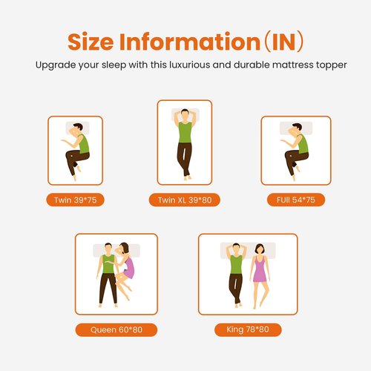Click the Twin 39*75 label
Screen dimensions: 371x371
point(75,200)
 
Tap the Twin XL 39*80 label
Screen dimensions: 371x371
point(185,200)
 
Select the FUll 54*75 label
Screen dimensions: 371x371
point(296,200)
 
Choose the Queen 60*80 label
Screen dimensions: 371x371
point(116,329)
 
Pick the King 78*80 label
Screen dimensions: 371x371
point(248,329)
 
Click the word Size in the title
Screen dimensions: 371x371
point(91,42)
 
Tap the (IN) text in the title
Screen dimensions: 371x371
point(284,42)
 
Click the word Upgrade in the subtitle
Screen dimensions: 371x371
point(56,65)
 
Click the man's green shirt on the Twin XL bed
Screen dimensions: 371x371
point(185,132)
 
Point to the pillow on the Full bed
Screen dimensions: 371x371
point(296,128)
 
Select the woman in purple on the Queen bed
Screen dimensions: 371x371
point(125,269)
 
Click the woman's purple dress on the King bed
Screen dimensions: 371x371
point(260,269)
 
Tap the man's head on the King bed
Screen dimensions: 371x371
point(236,249)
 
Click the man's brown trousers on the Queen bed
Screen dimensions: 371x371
point(108,288)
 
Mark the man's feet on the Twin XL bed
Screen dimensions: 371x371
point(188,177)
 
